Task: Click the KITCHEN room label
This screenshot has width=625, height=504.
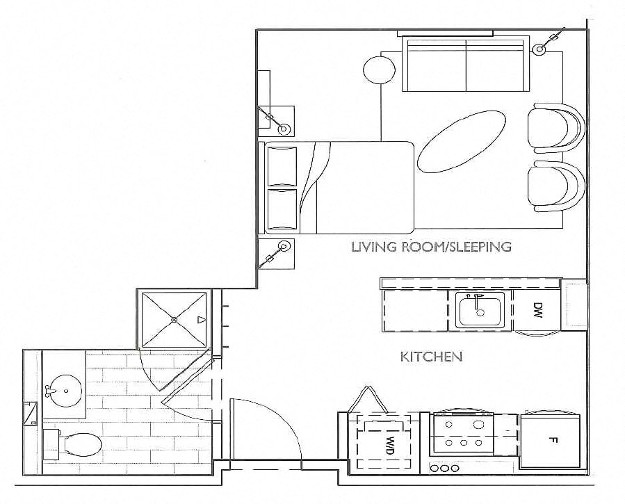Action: (x=431, y=357)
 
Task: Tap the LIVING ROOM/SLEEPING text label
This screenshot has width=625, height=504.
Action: (x=431, y=246)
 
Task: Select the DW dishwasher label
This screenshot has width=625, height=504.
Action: (x=537, y=309)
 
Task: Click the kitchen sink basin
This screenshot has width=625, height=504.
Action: (x=480, y=311)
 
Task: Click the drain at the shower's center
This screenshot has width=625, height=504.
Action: (x=174, y=319)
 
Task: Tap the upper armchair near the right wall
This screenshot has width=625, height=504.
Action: (x=555, y=128)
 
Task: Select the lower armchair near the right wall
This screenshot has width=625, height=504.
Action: (x=555, y=187)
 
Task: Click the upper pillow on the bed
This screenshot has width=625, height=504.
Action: (x=282, y=165)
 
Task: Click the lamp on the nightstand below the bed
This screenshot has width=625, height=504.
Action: (x=284, y=246)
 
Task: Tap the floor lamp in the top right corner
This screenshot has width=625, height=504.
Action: (x=539, y=49)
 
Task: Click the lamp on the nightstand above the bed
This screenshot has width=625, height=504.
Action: (x=284, y=129)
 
